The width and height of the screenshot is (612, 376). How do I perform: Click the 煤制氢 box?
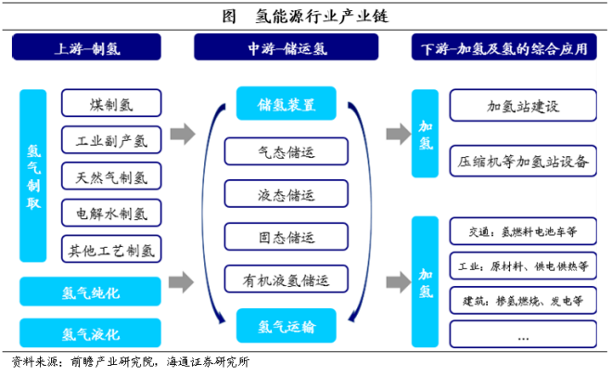coord(111,102)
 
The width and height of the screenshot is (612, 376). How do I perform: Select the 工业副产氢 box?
coord(111,139)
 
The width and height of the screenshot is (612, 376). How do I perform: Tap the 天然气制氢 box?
coord(111,175)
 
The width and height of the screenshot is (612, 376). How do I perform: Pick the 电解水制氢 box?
coord(111,213)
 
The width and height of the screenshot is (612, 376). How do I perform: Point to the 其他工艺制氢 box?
coord(111,249)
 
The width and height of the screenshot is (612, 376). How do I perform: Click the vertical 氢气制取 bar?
coord(33,175)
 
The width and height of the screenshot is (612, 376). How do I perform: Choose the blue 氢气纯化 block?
coord(91,292)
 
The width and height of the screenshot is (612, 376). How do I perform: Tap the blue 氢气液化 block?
coord(91,331)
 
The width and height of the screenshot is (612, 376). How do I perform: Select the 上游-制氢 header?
coord(91,48)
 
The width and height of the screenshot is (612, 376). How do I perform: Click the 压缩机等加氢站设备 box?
coord(523,161)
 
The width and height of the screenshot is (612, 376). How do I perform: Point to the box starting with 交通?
coord(523,232)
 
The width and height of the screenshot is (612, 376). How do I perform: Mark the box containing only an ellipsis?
coord(523,332)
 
